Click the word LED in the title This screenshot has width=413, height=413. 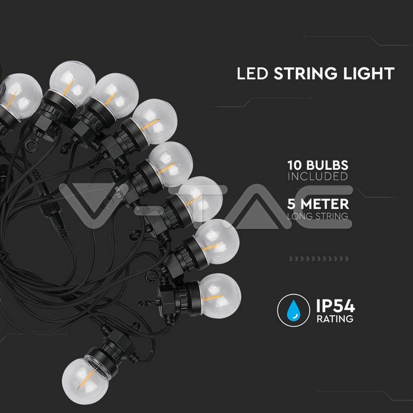coord(253,74)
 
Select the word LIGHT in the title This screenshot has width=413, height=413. coord(369,74)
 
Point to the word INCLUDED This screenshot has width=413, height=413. coord(317,177)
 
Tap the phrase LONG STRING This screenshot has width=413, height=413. coord(317,216)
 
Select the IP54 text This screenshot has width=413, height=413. coord(336,306)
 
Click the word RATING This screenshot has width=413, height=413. coord(335,319)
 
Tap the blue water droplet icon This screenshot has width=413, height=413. coord(293,310)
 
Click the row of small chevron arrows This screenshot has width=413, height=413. coord(319,258)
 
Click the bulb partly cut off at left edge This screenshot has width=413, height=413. coord(21,96)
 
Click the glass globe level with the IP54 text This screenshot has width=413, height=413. coord(220,296)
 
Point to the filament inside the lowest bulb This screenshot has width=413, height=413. coord(87,379)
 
